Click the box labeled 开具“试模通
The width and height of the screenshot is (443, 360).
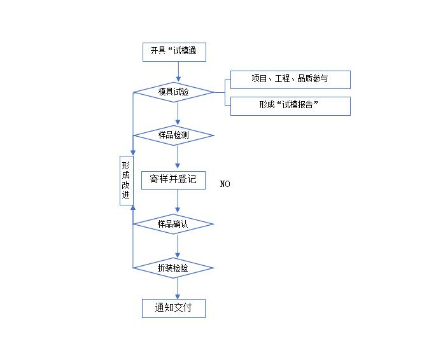click(174, 52)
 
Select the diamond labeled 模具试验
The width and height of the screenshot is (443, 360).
click(173, 92)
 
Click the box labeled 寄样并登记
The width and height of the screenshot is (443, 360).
click(173, 179)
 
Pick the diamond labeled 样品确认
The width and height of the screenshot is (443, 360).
click(173, 224)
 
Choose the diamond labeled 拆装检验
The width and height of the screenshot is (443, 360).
click(173, 268)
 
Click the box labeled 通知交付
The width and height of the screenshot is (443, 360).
click(173, 308)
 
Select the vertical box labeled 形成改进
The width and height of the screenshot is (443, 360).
click(126, 180)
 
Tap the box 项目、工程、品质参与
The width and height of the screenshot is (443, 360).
click(290, 79)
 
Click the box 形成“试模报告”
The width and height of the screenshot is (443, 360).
click(290, 106)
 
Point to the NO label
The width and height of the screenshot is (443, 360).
click(225, 184)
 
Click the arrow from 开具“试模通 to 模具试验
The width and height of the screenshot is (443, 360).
click(178, 72)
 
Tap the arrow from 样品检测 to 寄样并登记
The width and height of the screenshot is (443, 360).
click(178, 156)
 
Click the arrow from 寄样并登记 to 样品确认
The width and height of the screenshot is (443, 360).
click(178, 202)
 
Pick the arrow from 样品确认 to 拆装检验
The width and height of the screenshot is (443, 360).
click(178, 246)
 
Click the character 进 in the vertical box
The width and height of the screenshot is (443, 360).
click(126, 195)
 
